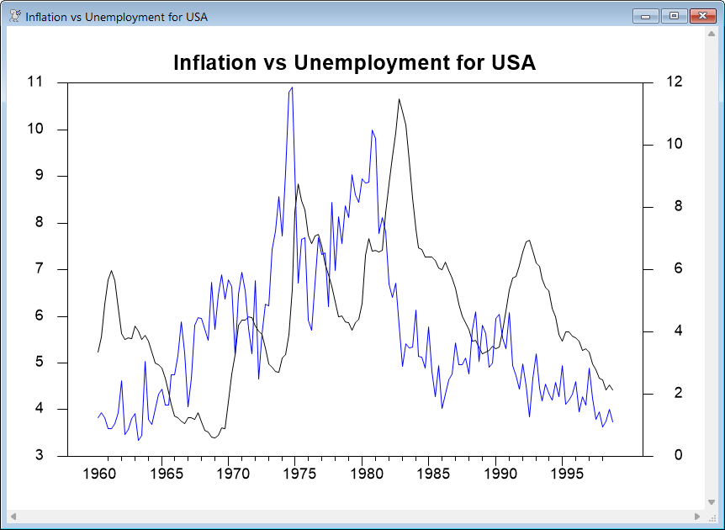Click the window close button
(x=700, y=15)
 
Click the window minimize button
(x=648, y=15)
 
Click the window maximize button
(x=673, y=15)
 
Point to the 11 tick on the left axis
(x=34, y=82)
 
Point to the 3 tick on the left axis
(x=39, y=456)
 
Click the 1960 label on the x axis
(x=99, y=474)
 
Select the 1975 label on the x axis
(x=299, y=474)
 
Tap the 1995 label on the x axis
(x=564, y=474)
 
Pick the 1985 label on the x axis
(x=431, y=474)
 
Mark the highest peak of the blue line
(x=292, y=87)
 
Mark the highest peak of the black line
(x=399, y=99)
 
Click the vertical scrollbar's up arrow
(x=711, y=34)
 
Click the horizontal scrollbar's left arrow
(x=13, y=516)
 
